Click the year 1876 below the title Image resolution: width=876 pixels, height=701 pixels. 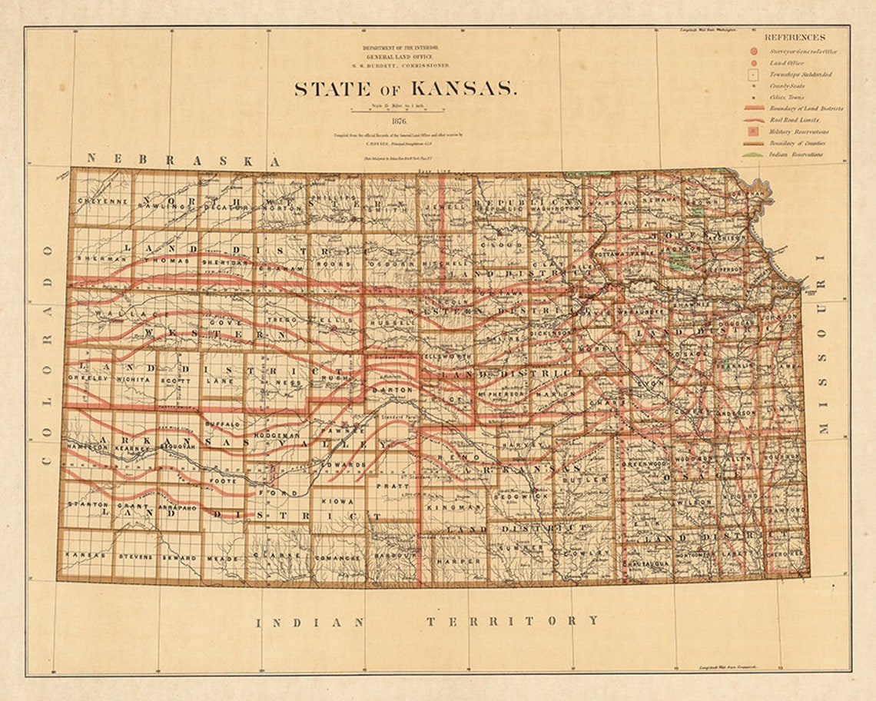[x=399, y=121]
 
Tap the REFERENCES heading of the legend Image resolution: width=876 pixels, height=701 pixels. [x=795, y=37]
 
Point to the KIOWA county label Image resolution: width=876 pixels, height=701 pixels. [x=337, y=501]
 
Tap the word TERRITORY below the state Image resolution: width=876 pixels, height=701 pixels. [x=513, y=620]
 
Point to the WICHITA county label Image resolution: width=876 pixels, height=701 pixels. [x=134, y=379]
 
